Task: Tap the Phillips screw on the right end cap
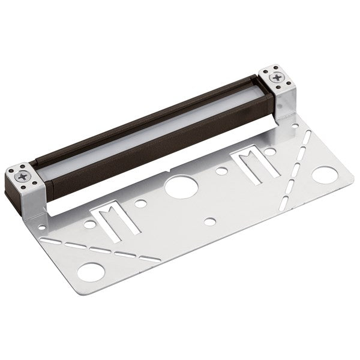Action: pos(278,78)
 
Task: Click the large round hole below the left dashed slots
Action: pos(91,272)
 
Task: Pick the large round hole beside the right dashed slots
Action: pos(324,175)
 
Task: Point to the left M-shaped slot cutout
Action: pos(115,220)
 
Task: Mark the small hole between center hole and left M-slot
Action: pos(140,203)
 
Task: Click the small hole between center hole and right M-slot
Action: pos(221,171)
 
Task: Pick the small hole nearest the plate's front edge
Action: pos(209,221)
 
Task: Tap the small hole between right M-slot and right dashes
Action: pos(271,151)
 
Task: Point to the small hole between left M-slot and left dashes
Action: pos(89,224)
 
